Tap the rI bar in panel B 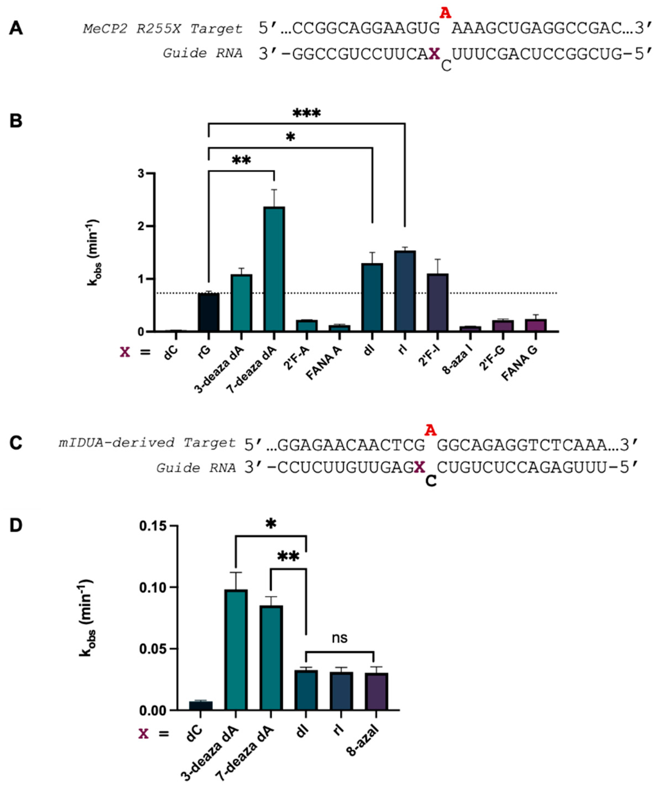pyautogui.click(x=405, y=291)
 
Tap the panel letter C pyautogui.click(x=16, y=443)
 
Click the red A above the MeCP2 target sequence pyautogui.click(x=445, y=13)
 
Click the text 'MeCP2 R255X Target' pyautogui.click(x=163, y=29)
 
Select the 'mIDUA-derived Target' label pyautogui.click(x=147, y=443)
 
